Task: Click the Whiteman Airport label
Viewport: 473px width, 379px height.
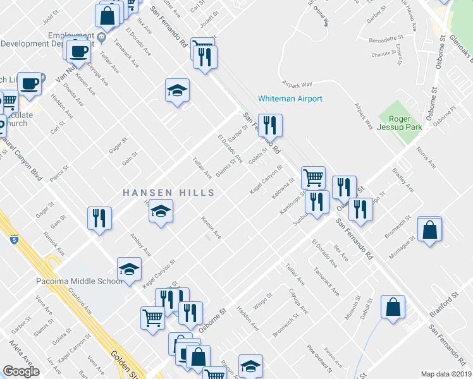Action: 290,99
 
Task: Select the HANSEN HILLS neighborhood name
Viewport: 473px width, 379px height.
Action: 168,192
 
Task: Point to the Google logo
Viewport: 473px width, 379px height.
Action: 21,371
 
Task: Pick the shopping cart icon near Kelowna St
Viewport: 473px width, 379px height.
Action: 313,177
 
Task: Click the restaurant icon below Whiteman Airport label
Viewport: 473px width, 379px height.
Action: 270,126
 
